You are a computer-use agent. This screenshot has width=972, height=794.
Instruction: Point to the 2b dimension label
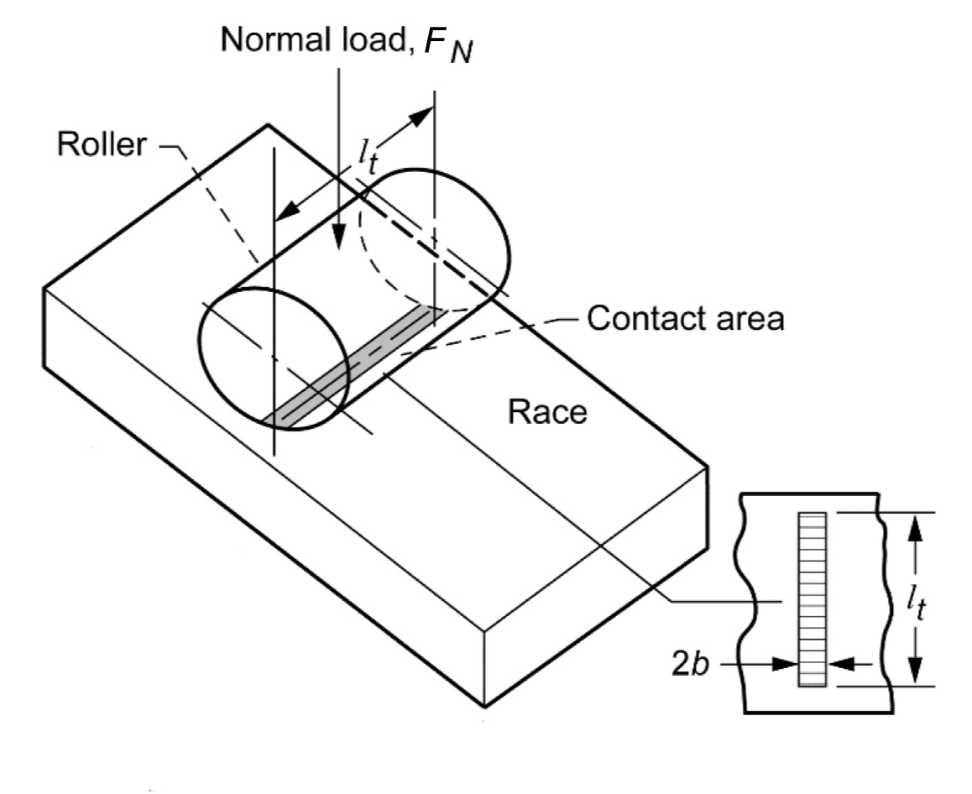pyautogui.click(x=691, y=663)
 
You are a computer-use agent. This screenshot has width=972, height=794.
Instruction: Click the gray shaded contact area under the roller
pyautogui.click(x=353, y=367)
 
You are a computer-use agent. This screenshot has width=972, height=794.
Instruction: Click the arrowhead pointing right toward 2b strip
pyautogui.click(x=787, y=664)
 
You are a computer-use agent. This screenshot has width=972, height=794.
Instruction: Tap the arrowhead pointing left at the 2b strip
pyautogui.click(x=839, y=664)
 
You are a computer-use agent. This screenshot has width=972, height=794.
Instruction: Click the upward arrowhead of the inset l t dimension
pyautogui.click(x=917, y=524)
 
